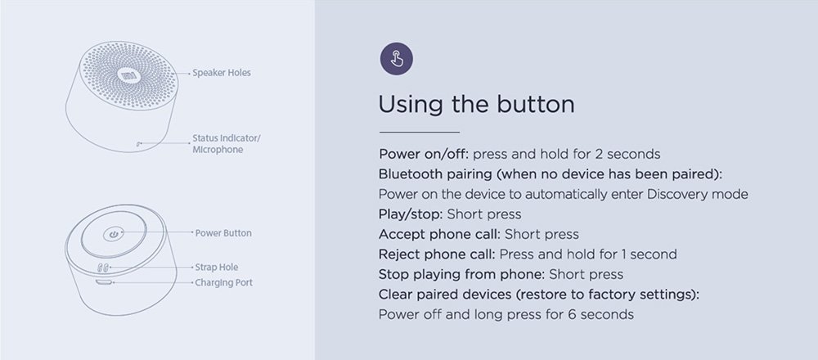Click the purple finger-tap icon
(x=397, y=58)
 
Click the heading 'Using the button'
(x=476, y=105)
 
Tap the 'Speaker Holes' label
(x=221, y=73)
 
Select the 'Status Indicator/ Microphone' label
(x=227, y=144)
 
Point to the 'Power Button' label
(x=223, y=233)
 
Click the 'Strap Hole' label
(x=217, y=267)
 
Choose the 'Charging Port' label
(x=224, y=283)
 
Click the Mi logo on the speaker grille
(x=127, y=75)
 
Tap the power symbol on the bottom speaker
(x=113, y=234)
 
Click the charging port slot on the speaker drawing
(x=105, y=282)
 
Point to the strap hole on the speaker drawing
(x=104, y=268)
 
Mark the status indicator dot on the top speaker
(x=138, y=143)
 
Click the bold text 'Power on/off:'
(x=424, y=155)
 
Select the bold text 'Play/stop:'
(x=411, y=214)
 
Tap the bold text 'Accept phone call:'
(x=440, y=234)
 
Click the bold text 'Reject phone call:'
(x=437, y=254)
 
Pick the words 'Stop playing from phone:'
(x=462, y=274)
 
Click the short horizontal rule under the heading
(x=420, y=132)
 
